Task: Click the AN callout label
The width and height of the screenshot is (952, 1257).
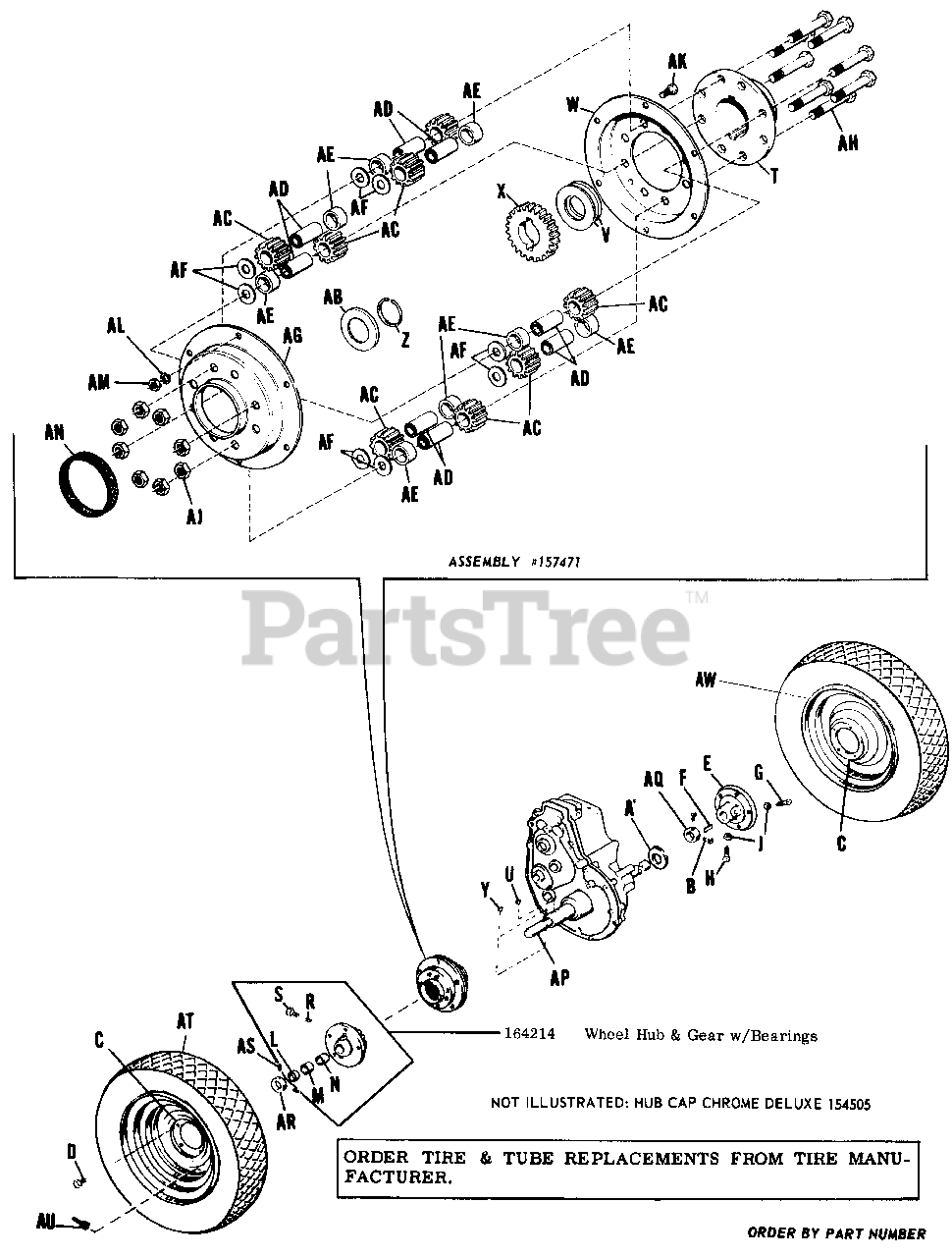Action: (x=56, y=431)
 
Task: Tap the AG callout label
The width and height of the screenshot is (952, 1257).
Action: (x=292, y=336)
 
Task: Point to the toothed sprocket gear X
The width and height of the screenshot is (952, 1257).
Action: (x=529, y=234)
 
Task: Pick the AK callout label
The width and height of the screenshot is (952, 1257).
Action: (x=677, y=61)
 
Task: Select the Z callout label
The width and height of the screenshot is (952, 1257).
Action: (x=404, y=339)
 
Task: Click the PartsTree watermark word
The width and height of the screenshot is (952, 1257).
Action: (x=466, y=625)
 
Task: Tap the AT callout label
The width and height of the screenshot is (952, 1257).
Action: (x=186, y=1022)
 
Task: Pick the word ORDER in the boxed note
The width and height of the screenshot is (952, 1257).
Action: (x=369, y=1159)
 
